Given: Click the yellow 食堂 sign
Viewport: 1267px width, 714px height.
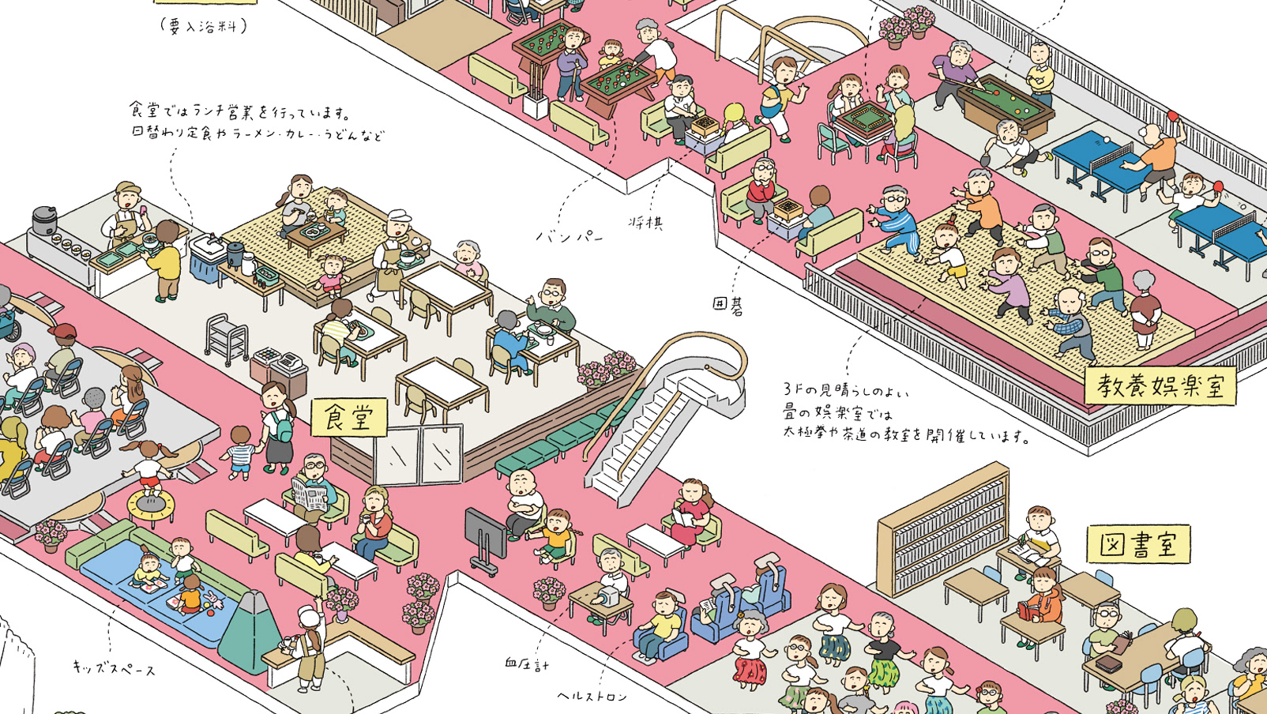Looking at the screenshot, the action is coord(348,417).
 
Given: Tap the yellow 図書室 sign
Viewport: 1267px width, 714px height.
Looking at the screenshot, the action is coord(1138,543).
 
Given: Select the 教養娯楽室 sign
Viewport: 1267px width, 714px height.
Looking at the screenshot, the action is coord(1160,385).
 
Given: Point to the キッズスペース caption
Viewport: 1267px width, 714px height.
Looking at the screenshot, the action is coord(115,669).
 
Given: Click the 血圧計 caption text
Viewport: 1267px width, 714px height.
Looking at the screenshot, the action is coord(526,664).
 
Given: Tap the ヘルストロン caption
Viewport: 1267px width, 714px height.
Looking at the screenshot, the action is coord(592,696).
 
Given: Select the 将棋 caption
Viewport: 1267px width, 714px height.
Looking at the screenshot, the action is coord(645,223).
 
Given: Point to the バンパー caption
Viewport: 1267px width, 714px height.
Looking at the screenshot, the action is coord(570,235).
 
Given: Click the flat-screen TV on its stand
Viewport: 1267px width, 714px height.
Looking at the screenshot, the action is coord(485,534).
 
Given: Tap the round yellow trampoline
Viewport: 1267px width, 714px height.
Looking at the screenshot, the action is coord(150,503).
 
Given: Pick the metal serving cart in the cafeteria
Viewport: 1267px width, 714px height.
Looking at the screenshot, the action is coord(227,338).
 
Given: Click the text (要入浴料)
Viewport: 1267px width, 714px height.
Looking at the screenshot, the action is coord(203,25).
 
